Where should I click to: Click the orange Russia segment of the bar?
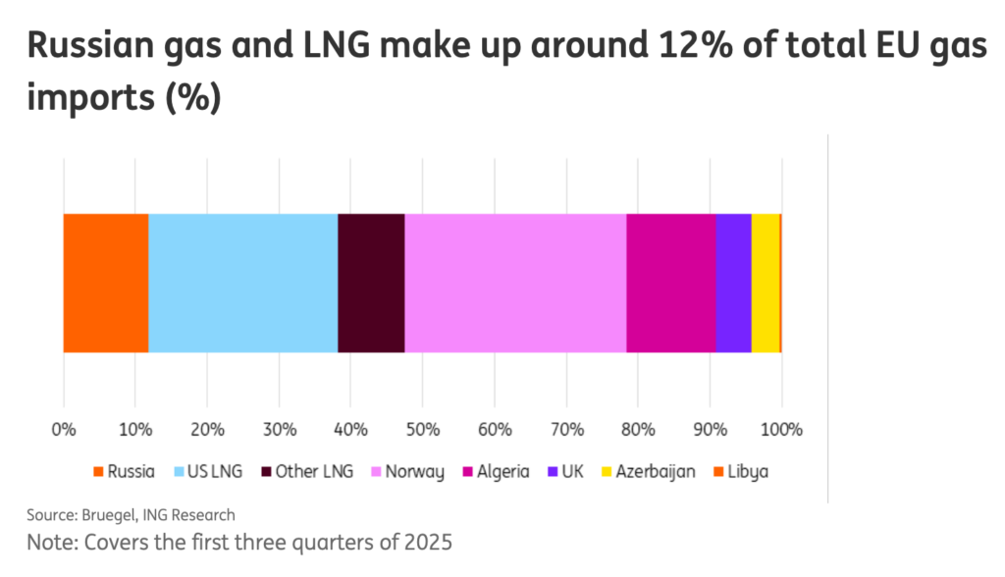point(105,282)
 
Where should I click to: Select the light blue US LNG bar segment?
point(242,282)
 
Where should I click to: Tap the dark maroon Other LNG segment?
point(371,282)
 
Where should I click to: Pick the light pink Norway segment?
point(515,282)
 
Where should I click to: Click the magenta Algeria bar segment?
point(670,282)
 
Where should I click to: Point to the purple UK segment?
point(733,282)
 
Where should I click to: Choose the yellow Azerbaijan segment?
point(765,282)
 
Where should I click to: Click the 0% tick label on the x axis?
point(63,429)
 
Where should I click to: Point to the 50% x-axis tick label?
point(422,429)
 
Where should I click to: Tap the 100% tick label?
point(781,429)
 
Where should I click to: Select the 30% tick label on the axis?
point(279,429)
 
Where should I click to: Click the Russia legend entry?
point(123,472)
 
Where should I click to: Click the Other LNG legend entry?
point(303,472)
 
